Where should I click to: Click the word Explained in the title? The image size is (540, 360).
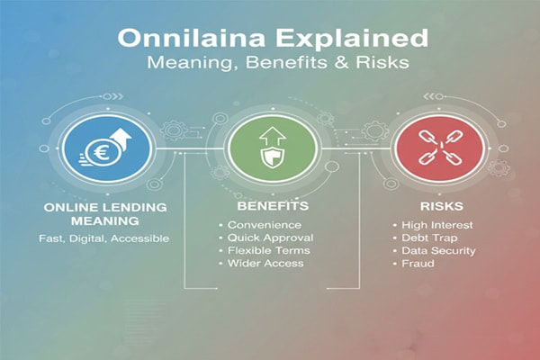point(337,40)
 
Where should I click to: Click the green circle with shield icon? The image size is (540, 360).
point(271,147)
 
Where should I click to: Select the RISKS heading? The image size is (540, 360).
point(430,208)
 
